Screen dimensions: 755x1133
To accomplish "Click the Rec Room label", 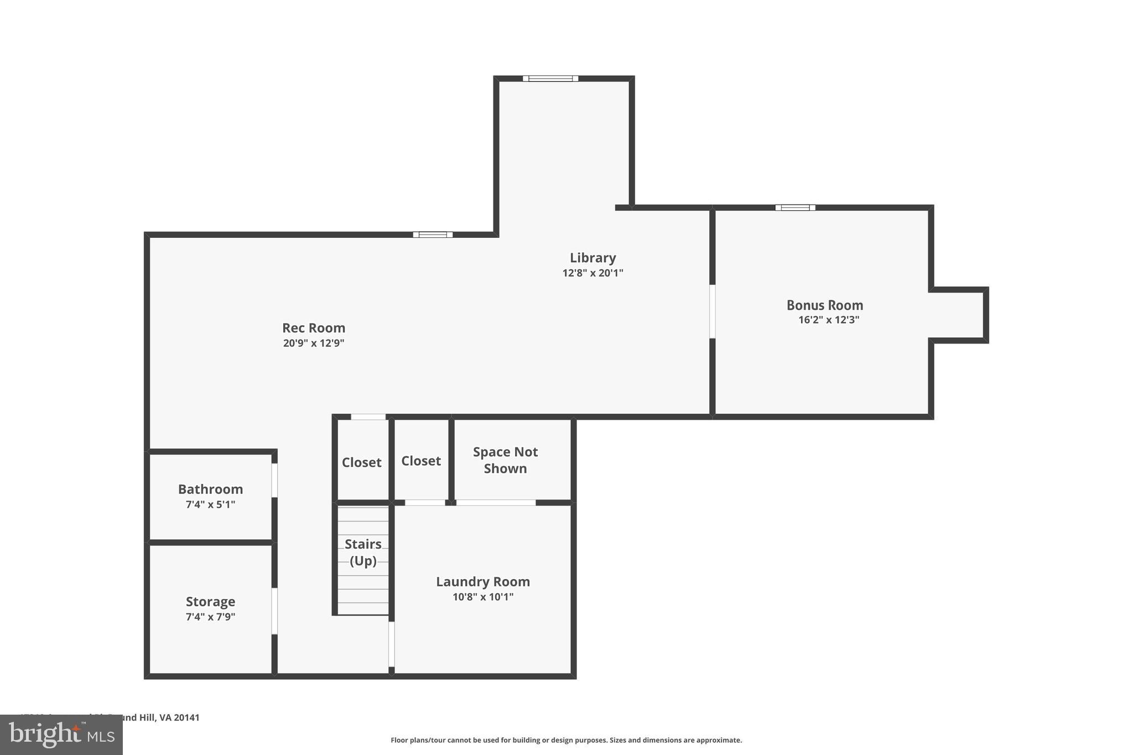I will pyautogui.click(x=314, y=328).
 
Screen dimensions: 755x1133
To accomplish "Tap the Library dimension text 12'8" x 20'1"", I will pyautogui.click(x=593, y=273).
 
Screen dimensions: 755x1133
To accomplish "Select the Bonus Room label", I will pyautogui.click(x=824, y=305).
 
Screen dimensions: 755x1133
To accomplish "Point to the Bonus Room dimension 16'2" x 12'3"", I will pyautogui.click(x=828, y=320).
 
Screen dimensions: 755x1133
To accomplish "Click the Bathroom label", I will pyautogui.click(x=210, y=489).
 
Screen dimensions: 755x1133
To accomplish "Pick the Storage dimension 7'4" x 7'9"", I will pyautogui.click(x=210, y=617).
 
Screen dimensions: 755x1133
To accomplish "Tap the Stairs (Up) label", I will pyautogui.click(x=363, y=552).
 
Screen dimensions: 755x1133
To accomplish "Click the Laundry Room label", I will pyautogui.click(x=482, y=581).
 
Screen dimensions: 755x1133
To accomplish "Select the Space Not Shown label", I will pyautogui.click(x=505, y=460).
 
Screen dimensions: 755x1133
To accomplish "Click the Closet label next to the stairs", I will pyautogui.click(x=361, y=462).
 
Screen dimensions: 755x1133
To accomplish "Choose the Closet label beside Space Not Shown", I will pyautogui.click(x=420, y=461).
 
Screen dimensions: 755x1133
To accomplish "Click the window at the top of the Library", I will pyautogui.click(x=550, y=79).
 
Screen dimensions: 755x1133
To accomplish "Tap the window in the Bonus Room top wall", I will pyautogui.click(x=795, y=208).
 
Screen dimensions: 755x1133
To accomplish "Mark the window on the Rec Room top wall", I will pyautogui.click(x=433, y=235).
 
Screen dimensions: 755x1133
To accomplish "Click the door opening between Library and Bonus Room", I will pyautogui.click(x=712, y=311).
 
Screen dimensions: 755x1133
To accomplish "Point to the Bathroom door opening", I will pyautogui.click(x=274, y=480).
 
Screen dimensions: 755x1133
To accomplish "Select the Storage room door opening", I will pyautogui.click(x=274, y=611).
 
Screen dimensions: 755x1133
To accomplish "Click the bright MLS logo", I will pyautogui.click(x=61, y=735).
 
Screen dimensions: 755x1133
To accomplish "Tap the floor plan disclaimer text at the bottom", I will pyautogui.click(x=566, y=740).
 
